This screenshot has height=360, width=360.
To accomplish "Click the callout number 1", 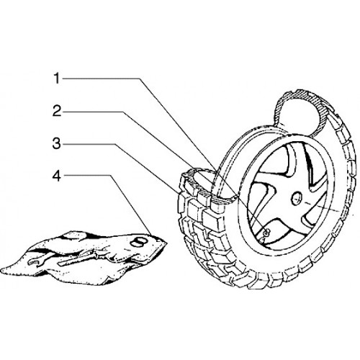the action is (x=57, y=78).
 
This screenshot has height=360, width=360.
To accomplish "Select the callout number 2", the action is (x=57, y=111).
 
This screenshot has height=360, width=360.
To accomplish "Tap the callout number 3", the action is (x=57, y=143).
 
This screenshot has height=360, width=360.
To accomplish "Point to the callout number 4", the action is (x=57, y=176).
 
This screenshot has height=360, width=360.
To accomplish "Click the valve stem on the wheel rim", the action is (x=266, y=233).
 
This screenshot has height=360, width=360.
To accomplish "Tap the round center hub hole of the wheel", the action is (x=296, y=199).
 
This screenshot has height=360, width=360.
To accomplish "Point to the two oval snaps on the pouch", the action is (x=138, y=243).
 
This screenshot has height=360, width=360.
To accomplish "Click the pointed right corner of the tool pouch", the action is (x=166, y=243).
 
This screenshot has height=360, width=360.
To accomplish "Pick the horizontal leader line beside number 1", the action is (x=100, y=78).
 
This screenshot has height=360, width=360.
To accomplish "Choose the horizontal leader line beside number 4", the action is (x=87, y=176).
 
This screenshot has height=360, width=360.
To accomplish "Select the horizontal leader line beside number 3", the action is (x=89, y=144).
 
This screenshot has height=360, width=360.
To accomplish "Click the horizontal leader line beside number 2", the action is (x=93, y=112).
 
